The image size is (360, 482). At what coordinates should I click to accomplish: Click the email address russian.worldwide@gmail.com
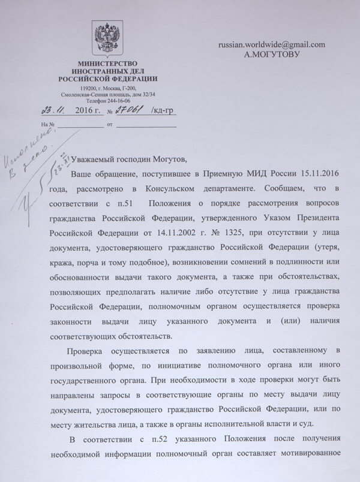pos(272,44)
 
